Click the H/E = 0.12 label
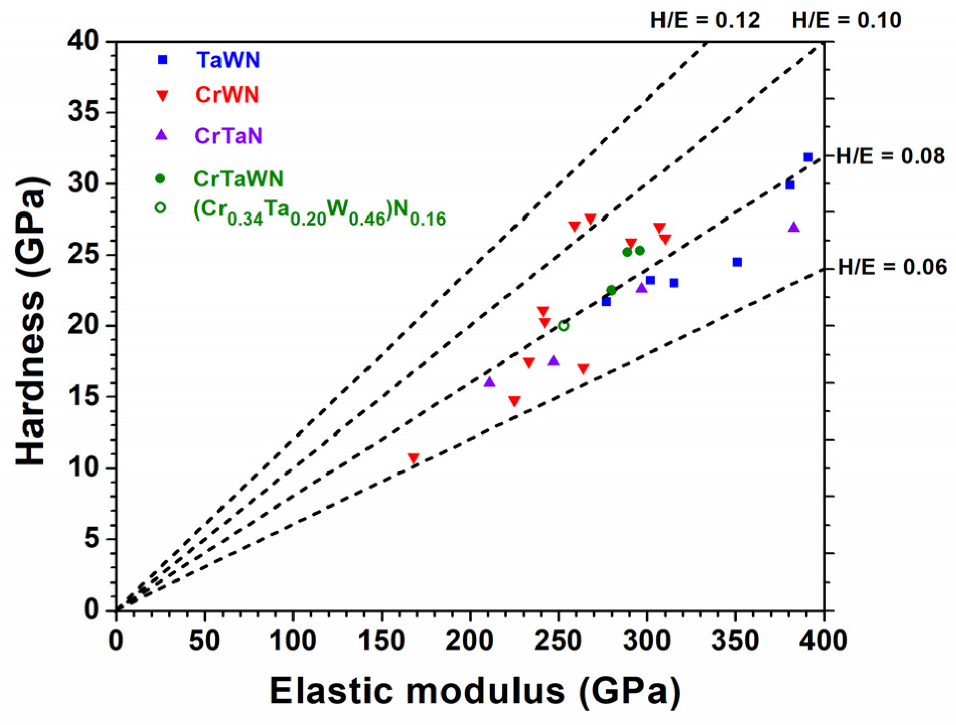(705, 20)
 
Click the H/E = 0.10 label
(846, 20)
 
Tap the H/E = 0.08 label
(890, 156)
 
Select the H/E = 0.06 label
(892, 267)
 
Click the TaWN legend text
(228, 60)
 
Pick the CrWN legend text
(227, 95)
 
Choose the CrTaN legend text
(229, 136)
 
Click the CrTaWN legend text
(239, 179)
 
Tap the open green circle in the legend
(160, 207)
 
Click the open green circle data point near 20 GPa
(563, 326)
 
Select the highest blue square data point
(808, 157)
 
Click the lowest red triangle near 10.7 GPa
(413, 458)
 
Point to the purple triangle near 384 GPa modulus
(794, 227)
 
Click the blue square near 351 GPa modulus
(737, 262)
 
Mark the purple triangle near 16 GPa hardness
(489, 382)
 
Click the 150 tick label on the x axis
(382, 641)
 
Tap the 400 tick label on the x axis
(824, 641)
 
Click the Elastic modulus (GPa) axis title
(475, 691)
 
